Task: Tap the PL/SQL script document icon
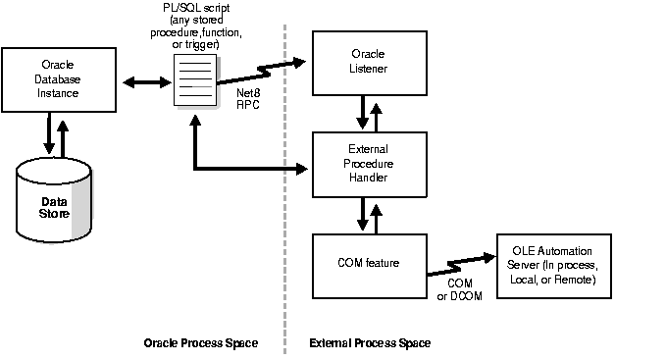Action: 194,81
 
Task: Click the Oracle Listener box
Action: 369,61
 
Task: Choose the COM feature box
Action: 369,265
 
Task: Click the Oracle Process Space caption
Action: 200,343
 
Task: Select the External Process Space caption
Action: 370,343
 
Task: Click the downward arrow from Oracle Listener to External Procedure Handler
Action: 361,111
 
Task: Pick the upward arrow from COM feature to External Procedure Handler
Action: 378,213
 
